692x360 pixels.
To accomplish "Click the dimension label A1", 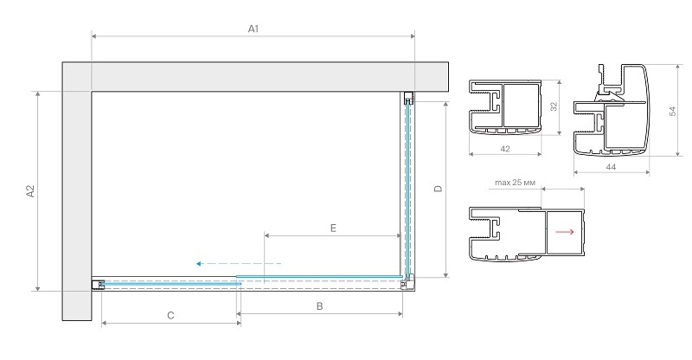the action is [253, 29].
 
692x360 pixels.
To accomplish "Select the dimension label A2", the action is [29, 191].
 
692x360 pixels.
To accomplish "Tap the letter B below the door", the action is [319, 306].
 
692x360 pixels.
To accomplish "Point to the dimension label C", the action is [170, 316].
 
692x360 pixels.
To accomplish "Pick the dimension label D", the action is [438, 190].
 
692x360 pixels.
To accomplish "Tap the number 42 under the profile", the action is [504, 149].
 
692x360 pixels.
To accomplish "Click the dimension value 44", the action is [611, 165].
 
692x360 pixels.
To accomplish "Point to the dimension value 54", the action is [672, 111].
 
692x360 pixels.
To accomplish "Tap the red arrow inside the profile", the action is [565, 232].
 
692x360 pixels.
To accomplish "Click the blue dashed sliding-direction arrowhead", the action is [200, 263].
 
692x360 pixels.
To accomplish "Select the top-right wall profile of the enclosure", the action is [408, 99].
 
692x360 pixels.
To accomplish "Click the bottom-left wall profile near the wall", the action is [98, 284].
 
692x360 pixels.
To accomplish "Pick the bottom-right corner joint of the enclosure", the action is [407, 281].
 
